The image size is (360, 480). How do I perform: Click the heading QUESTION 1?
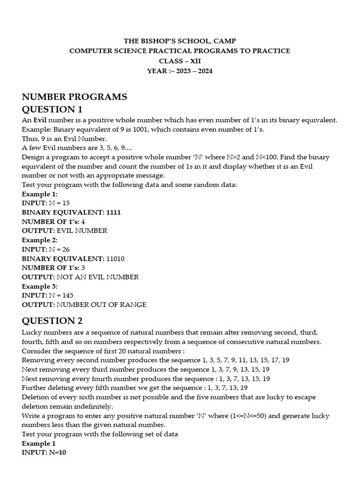(x=52, y=109)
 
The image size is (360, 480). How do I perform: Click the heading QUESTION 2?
(x=52, y=321)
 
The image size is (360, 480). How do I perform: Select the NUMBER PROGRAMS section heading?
(x=75, y=97)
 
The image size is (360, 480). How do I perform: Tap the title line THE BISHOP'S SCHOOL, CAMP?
(x=180, y=41)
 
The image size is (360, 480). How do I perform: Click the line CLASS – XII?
(x=180, y=61)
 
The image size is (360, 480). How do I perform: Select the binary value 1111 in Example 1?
(x=113, y=212)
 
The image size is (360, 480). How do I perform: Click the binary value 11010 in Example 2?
(x=115, y=258)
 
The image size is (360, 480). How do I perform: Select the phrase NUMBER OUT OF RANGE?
(x=101, y=305)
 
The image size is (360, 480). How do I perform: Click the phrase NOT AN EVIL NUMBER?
(x=97, y=277)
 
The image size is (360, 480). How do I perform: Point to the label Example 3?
(x=40, y=286)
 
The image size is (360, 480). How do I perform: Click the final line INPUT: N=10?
(x=44, y=452)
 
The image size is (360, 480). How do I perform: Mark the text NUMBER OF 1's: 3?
(x=53, y=268)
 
